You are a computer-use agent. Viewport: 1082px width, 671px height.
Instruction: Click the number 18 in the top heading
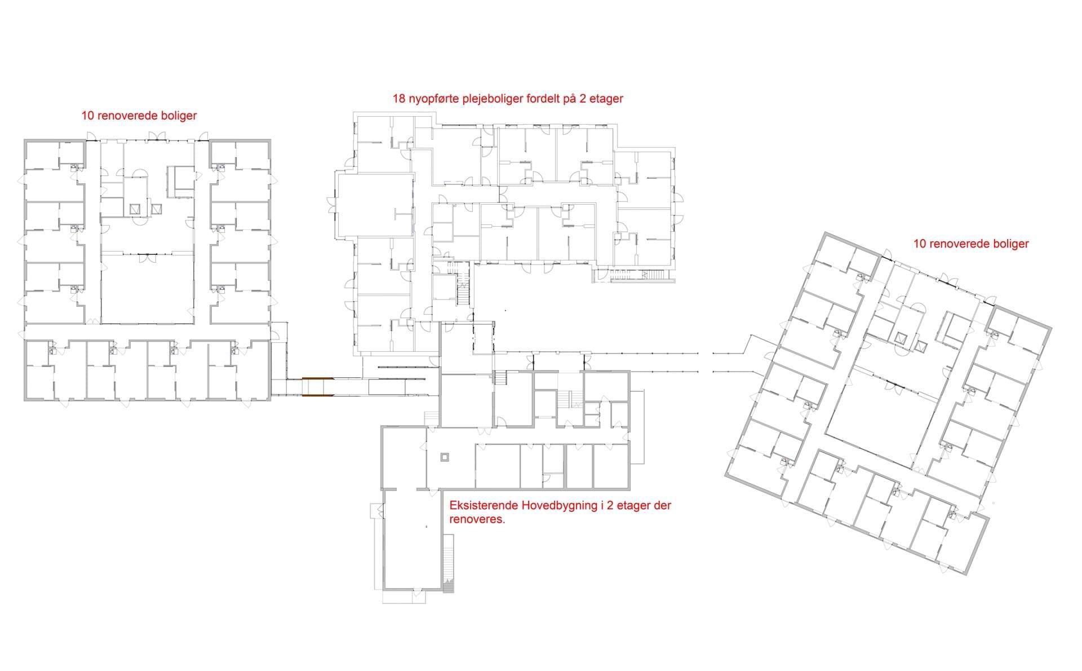click(x=398, y=99)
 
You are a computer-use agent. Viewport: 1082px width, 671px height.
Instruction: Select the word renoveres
click(x=477, y=520)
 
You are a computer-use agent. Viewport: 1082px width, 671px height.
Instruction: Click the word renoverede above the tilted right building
click(x=958, y=244)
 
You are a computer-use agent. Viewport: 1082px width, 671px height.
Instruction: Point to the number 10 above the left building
click(x=87, y=116)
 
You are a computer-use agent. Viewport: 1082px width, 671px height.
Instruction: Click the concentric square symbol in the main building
click(x=445, y=457)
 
